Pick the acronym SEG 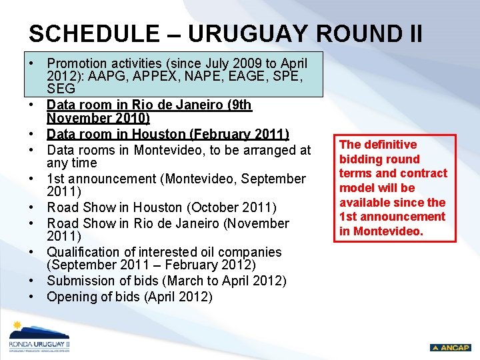click(x=61, y=88)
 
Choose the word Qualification click(x=87, y=252)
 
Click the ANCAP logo click(x=450, y=347)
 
